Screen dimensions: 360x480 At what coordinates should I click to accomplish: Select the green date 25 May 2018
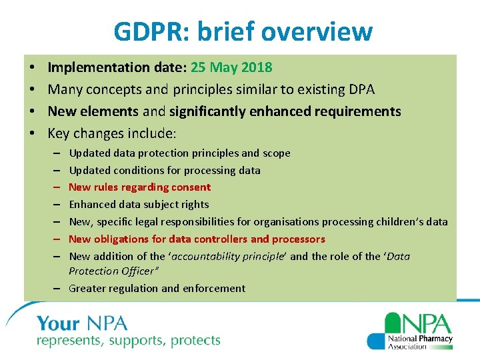point(231,67)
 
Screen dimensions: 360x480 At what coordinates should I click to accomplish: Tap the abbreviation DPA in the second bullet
point(360,89)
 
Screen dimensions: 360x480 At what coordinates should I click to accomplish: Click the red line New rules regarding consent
point(139,187)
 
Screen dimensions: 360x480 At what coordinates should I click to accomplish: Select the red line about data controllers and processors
point(197,239)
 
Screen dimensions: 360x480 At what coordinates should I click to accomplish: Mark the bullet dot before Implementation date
point(32,68)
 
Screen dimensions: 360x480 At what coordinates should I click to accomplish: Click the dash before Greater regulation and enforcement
point(58,289)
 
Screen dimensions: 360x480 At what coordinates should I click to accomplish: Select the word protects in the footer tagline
point(195,341)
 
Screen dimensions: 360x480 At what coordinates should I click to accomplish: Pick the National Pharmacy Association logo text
point(420,342)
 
